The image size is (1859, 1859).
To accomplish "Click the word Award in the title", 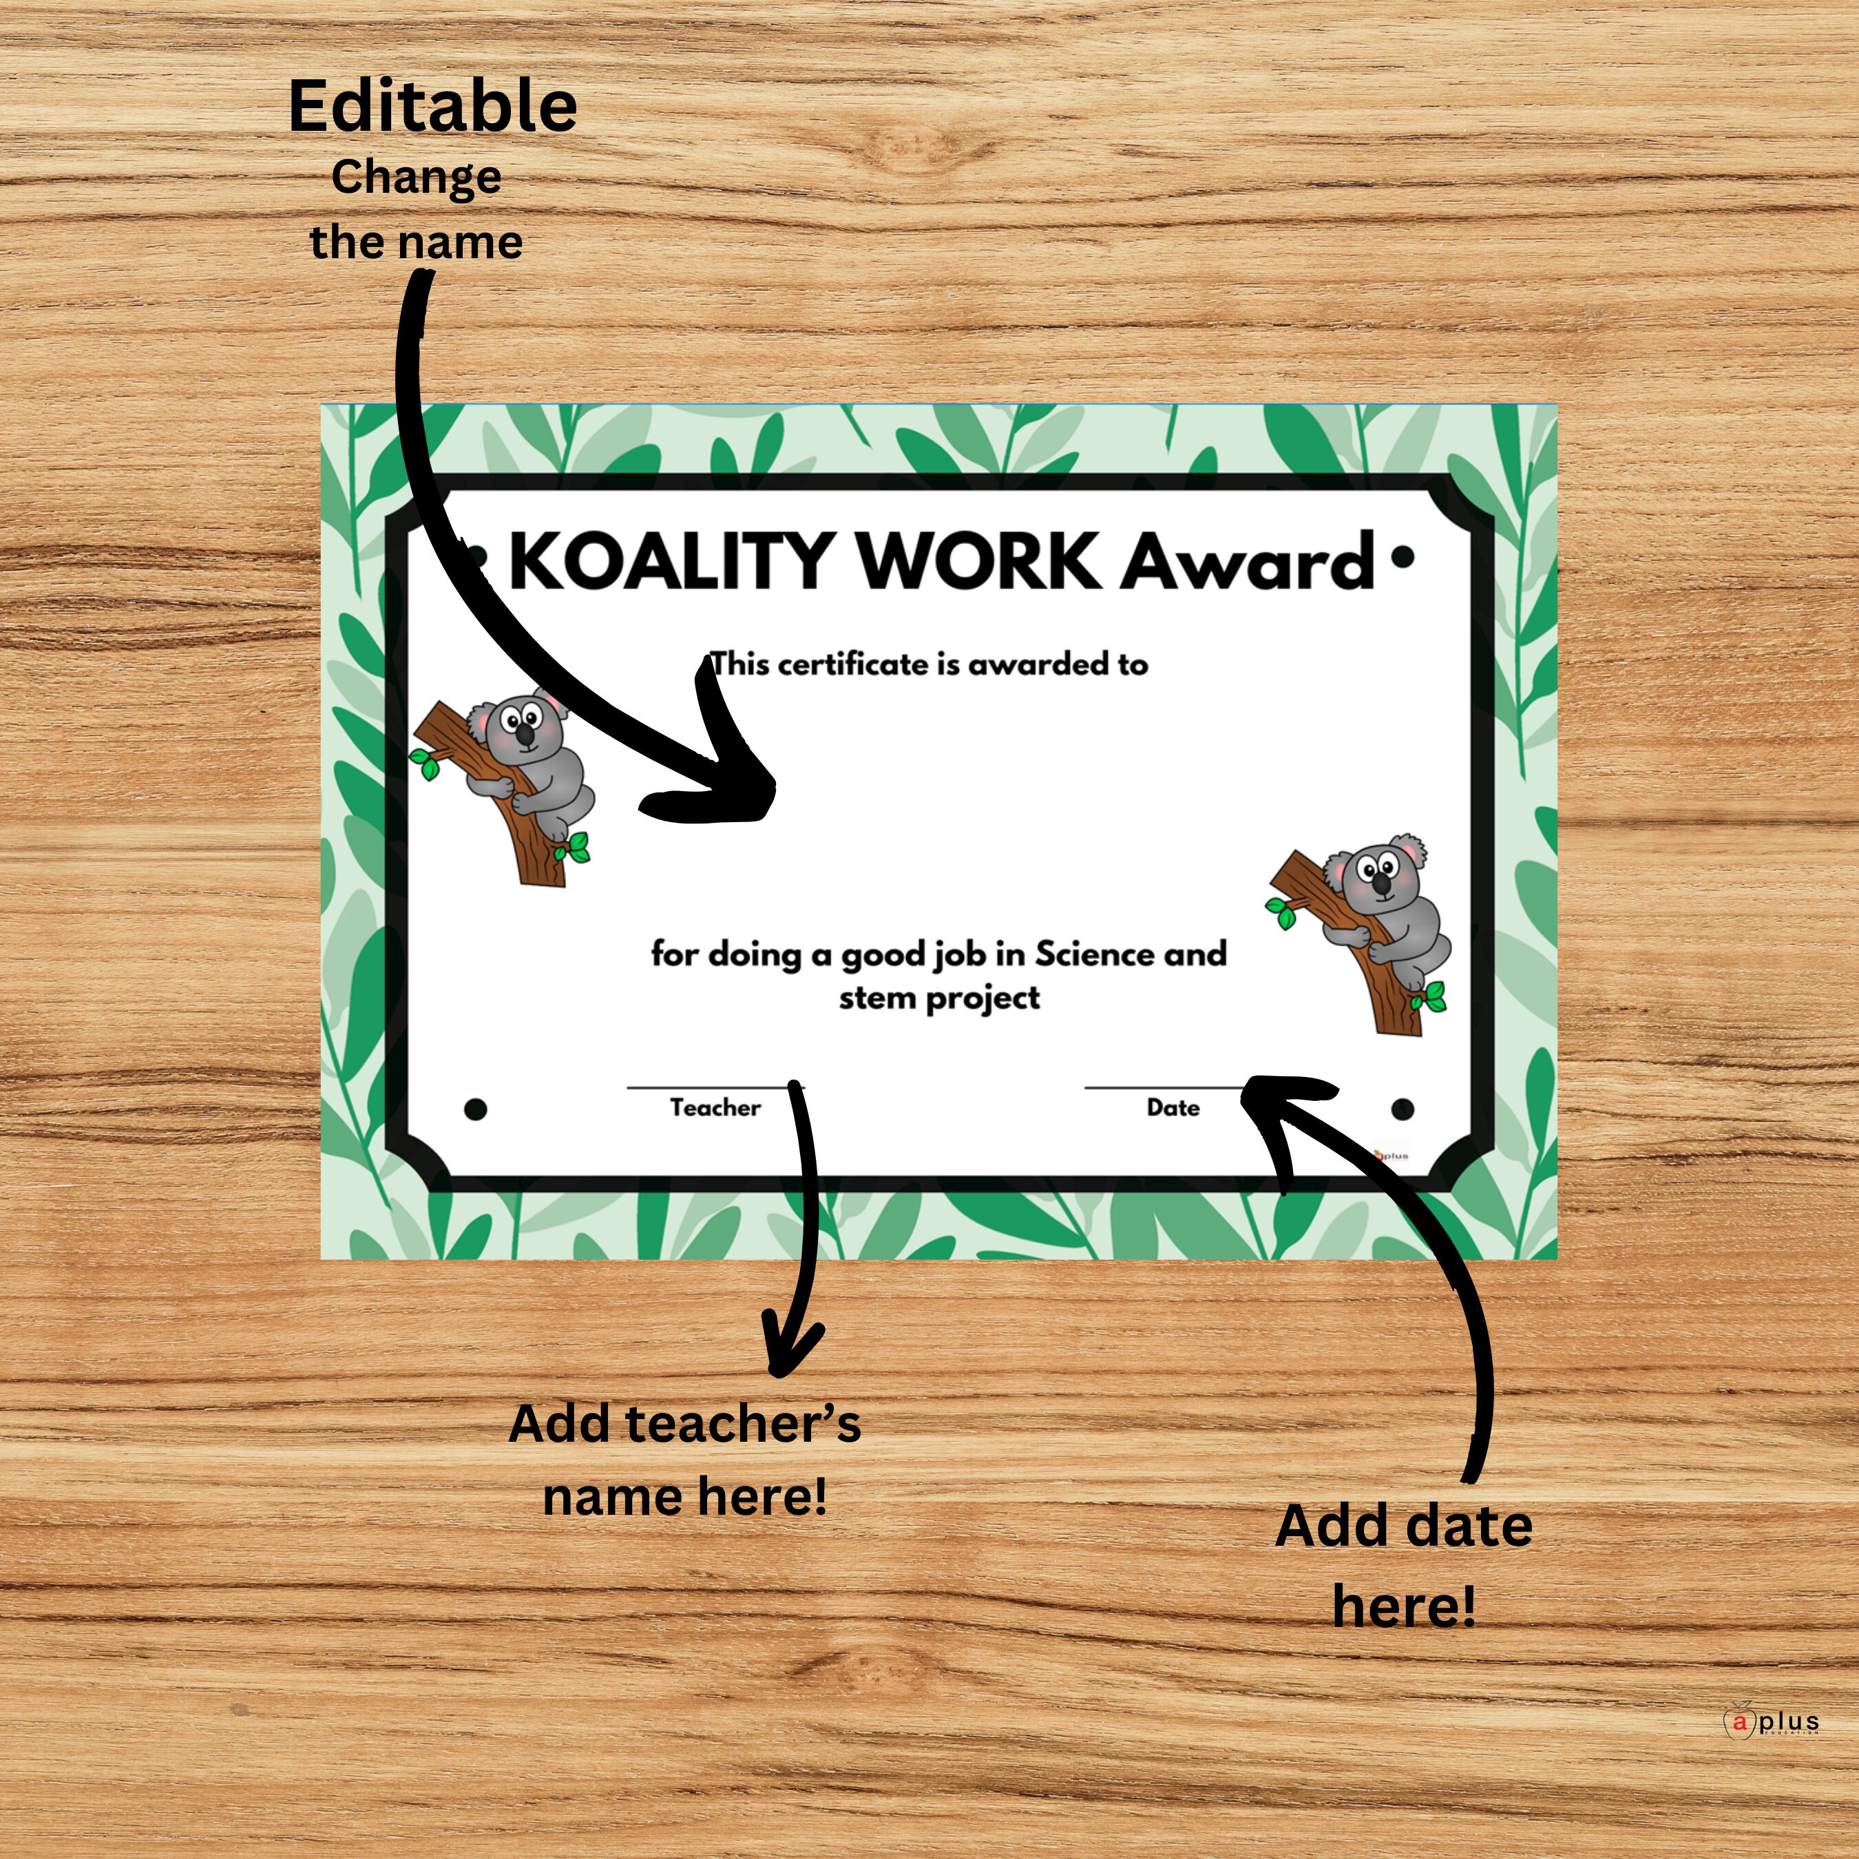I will [x=1248, y=562].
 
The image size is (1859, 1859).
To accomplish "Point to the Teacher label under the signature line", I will [x=715, y=1108].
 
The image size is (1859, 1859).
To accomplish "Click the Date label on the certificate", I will [x=1173, y=1108].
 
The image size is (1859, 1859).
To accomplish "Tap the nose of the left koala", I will [x=525, y=736].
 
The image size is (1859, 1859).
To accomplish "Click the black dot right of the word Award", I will [x=1403, y=556].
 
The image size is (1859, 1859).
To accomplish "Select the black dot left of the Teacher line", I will [x=475, y=1109].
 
